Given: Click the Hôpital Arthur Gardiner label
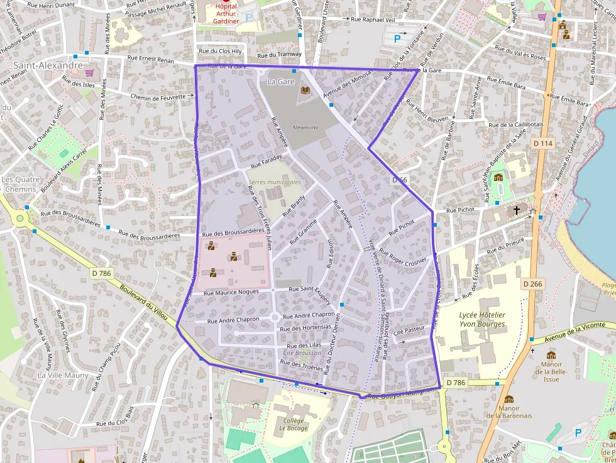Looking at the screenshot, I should (227, 13).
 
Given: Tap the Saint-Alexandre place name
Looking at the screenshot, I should (48, 65).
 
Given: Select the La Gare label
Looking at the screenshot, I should (280, 82).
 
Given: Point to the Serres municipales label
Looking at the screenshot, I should (274, 182).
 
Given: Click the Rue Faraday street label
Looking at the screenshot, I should (266, 165).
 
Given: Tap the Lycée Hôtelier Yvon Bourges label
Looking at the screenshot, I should (482, 319).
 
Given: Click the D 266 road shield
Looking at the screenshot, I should (532, 284).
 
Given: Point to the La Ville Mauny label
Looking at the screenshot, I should (63, 375).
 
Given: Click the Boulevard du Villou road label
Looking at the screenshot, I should (144, 304).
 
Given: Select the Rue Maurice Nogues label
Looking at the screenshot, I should (231, 292).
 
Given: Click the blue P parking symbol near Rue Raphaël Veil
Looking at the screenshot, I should (397, 39).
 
